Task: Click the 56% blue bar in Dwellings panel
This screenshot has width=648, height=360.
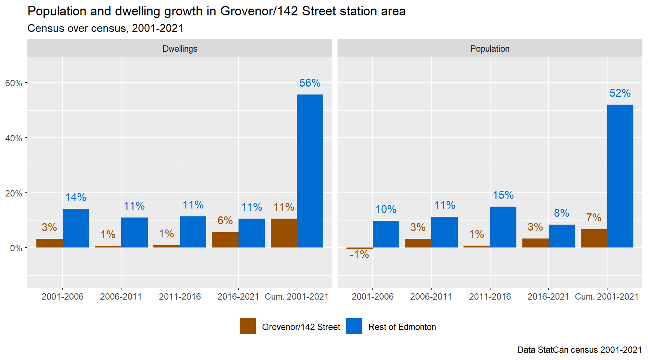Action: pos(310,171)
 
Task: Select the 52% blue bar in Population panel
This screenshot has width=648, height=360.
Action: pos(620,176)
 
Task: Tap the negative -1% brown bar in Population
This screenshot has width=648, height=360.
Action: pos(359,248)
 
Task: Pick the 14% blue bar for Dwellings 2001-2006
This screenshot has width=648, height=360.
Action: pos(76,228)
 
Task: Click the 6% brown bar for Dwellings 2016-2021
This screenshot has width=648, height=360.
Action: pos(225,240)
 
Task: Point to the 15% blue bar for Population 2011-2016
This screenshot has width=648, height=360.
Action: pos(503,227)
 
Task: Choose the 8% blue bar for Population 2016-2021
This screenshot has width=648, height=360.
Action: pos(561,236)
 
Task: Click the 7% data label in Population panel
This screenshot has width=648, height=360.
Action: pos(594,217)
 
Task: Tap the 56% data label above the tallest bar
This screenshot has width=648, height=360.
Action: pos(310,83)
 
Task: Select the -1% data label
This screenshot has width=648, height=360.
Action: pos(359,255)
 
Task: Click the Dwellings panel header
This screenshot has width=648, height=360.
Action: pos(180,49)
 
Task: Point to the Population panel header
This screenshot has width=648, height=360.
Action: pos(490,49)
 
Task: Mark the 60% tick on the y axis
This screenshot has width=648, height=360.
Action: pos(13,83)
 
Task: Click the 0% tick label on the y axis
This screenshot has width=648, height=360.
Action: pos(16,248)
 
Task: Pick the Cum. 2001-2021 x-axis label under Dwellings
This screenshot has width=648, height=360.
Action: pos(296,297)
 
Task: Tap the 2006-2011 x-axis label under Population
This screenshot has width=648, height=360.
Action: pos(431,297)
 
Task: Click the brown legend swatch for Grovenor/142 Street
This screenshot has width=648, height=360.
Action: pos(248,326)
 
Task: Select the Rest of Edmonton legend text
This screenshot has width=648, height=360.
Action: pos(402,327)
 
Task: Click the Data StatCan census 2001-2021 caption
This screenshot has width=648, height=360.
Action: pos(579,350)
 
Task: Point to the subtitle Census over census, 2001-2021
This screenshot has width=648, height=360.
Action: pos(105,28)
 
